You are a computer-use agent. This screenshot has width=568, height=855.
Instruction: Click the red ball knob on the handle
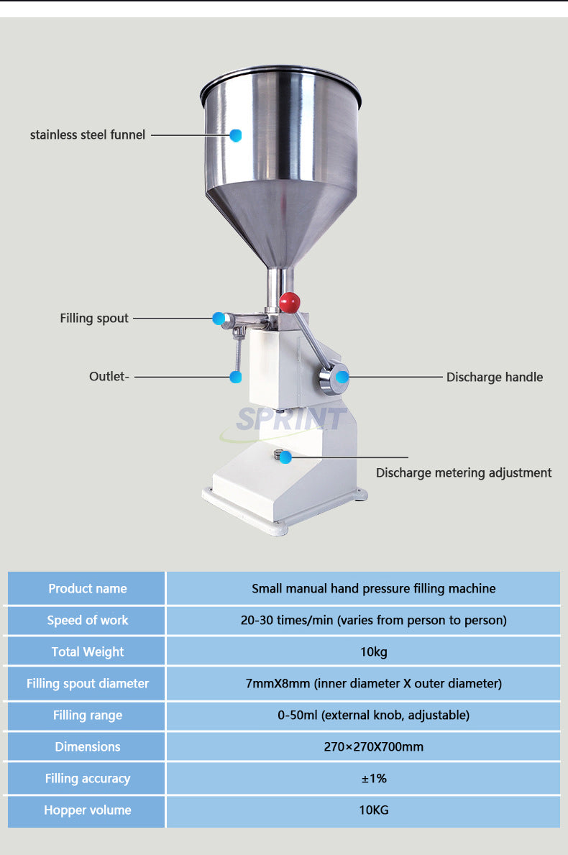(x=290, y=302)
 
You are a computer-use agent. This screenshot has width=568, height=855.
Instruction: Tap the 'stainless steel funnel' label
(x=88, y=134)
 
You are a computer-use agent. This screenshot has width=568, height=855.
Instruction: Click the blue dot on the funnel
(x=236, y=134)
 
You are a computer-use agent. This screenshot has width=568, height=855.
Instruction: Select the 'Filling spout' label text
(x=94, y=318)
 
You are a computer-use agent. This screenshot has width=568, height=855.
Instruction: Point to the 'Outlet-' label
(x=109, y=376)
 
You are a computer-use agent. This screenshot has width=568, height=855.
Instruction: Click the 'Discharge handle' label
(x=495, y=377)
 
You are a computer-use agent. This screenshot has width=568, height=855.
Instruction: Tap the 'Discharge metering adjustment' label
(x=464, y=472)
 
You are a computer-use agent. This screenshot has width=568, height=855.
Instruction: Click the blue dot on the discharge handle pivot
(x=342, y=376)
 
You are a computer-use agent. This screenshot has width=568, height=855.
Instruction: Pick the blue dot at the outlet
(x=235, y=376)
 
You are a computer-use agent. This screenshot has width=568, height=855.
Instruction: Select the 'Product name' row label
(x=88, y=588)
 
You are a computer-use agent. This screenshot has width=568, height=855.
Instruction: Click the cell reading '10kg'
(x=374, y=651)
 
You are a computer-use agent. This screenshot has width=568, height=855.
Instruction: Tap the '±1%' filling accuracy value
(x=374, y=778)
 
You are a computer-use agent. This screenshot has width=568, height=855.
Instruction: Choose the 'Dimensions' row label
(x=88, y=746)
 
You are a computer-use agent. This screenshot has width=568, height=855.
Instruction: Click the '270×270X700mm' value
(x=374, y=746)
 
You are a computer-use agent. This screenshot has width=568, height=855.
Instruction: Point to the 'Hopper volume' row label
(x=88, y=810)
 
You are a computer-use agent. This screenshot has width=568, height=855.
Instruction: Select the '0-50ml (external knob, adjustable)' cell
(x=374, y=715)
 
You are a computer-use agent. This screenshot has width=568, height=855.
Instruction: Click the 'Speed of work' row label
(x=88, y=620)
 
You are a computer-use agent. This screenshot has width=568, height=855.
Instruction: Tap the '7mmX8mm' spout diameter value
(x=374, y=683)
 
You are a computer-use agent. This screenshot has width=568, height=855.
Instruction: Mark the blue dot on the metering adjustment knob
(x=286, y=457)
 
